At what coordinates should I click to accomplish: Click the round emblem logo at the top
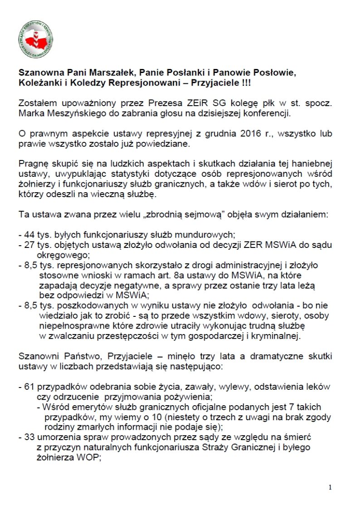click(36, 39)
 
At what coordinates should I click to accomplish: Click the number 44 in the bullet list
click(29, 235)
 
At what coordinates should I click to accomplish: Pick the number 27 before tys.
click(29, 245)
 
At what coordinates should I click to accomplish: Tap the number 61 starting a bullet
click(29, 387)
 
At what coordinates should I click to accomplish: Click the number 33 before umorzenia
click(29, 437)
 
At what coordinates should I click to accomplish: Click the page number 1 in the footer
click(331, 487)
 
